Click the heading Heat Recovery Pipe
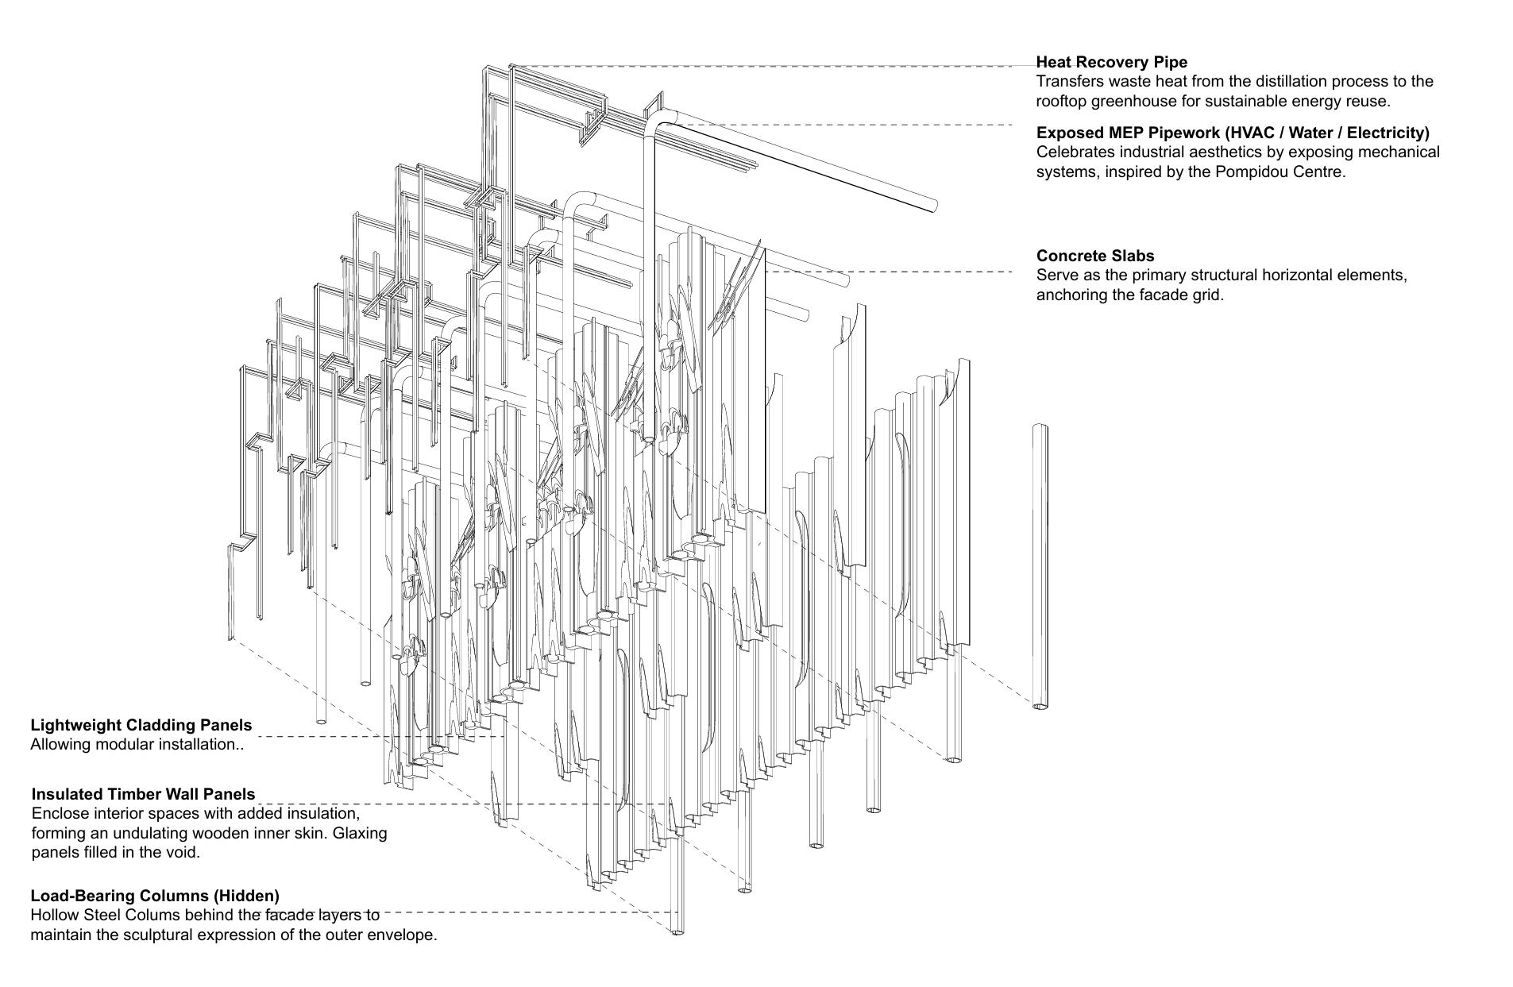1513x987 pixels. [1111, 62]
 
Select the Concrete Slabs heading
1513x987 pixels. [1094, 256]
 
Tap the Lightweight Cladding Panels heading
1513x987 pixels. [141, 725]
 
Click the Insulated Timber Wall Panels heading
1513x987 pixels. [143, 794]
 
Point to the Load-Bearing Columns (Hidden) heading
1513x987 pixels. [154, 896]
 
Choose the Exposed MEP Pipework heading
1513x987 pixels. [1232, 132]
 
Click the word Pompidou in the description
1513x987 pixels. [1249, 172]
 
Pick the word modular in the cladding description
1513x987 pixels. [130, 745]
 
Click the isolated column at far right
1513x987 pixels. [1040, 564]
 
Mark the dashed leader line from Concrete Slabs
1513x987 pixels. [890, 272]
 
